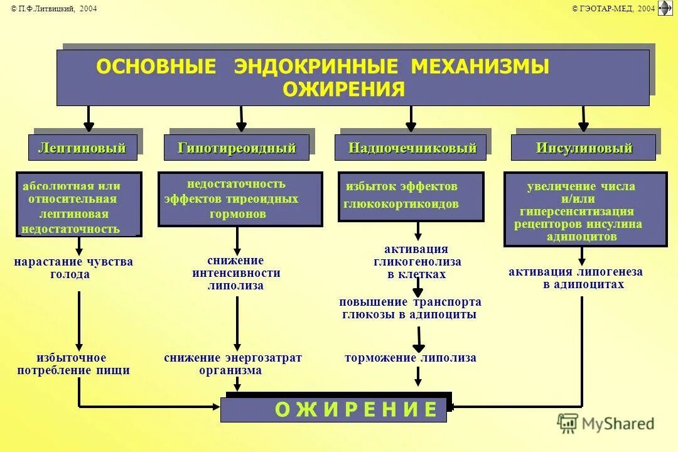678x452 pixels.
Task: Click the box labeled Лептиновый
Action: click(82, 148)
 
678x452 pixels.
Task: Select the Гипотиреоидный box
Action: click(237, 148)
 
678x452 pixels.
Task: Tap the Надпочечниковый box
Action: click(412, 148)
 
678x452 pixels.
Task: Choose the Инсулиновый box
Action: click(584, 148)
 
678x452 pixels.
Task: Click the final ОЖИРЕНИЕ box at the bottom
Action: click(335, 409)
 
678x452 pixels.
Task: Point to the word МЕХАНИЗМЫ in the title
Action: click(480, 67)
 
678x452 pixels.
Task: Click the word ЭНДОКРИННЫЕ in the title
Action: click(316, 67)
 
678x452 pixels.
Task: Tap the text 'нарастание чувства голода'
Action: click(73, 268)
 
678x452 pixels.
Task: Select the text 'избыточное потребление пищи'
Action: click(73, 364)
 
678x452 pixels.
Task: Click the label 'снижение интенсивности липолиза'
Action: click(236, 273)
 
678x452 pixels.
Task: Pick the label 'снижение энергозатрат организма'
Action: click(233, 364)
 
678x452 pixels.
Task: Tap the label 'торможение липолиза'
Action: click(411, 358)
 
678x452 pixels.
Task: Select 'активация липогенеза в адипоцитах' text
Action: click(576, 278)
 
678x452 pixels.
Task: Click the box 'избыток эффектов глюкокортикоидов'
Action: click(411, 196)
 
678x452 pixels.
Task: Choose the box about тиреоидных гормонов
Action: click(239, 199)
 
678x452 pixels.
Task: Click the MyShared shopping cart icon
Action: click(567, 423)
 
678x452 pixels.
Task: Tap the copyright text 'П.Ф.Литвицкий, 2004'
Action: click(54, 8)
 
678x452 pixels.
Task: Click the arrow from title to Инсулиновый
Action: click(583, 119)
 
